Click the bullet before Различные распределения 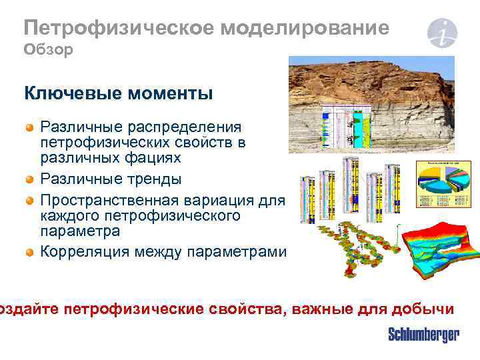click(29, 127)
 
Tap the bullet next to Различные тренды click(29, 179)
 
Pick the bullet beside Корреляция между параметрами click(29, 252)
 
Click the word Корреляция click(81, 252)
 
